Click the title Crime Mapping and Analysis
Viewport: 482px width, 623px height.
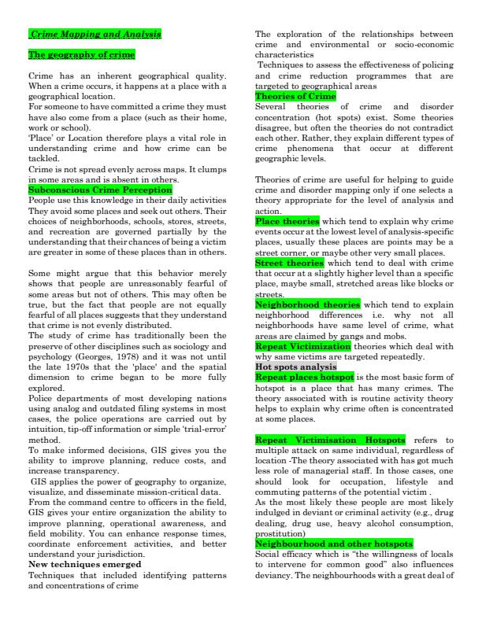pyautogui.click(x=95, y=35)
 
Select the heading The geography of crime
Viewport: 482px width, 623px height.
pyautogui.click(x=81, y=55)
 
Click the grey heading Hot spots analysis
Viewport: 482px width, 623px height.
pyautogui.click(x=295, y=367)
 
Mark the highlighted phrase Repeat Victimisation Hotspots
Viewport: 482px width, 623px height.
pyautogui.click(x=331, y=438)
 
